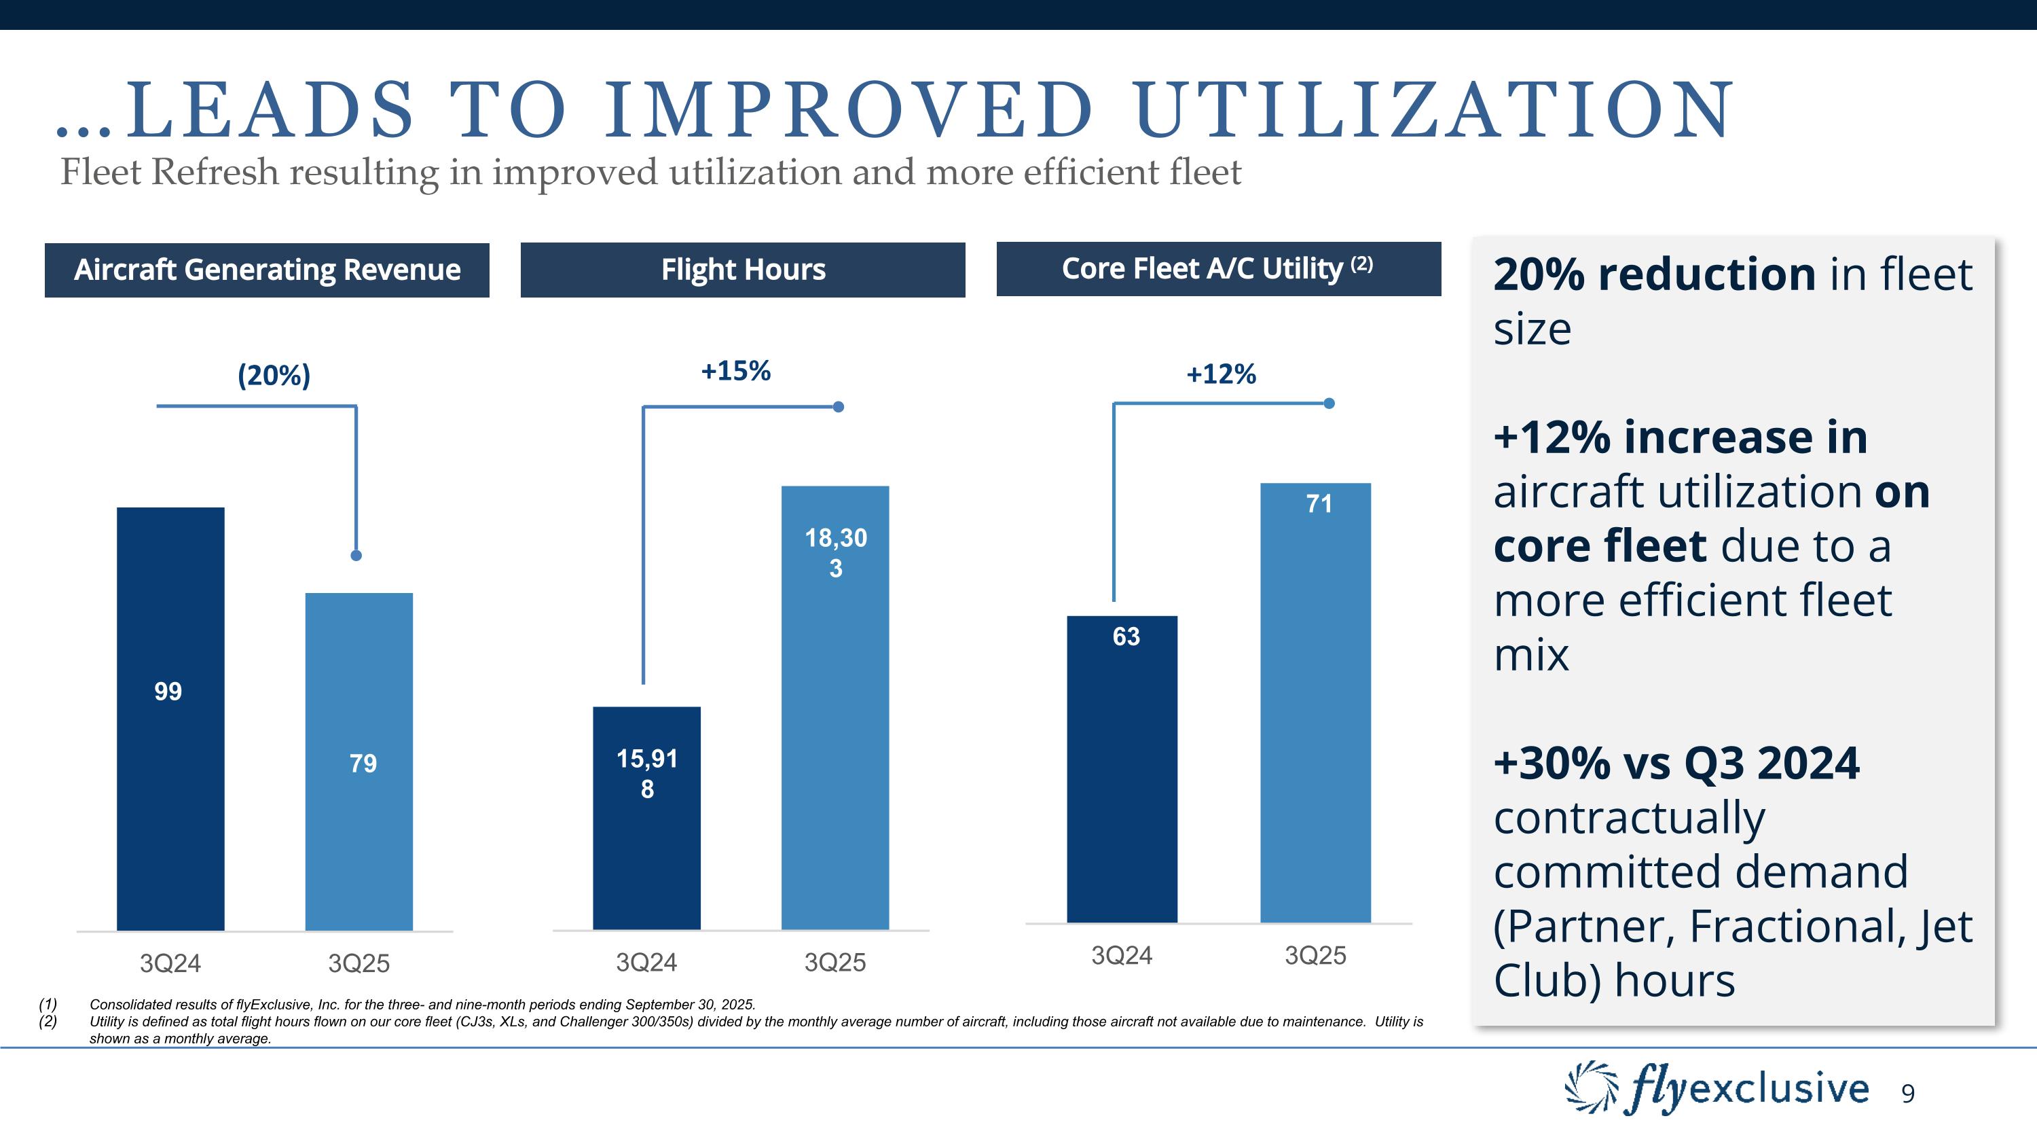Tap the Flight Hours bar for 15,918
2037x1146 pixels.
[646, 818]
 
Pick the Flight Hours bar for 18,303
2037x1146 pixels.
[835, 707]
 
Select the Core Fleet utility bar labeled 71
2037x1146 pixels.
[1315, 702]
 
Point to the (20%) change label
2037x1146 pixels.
[274, 375]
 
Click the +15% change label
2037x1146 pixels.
[735, 371]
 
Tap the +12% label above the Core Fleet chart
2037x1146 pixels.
[1221, 374]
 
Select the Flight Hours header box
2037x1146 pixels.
[743, 270]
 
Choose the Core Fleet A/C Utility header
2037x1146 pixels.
[1217, 269]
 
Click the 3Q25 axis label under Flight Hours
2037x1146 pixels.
[835, 963]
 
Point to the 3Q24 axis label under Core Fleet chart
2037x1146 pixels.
[1121, 955]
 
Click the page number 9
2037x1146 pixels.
[1907, 1094]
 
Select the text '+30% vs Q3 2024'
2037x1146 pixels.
[1676, 764]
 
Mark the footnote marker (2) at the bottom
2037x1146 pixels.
[48, 1021]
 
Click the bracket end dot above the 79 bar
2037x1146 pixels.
[356, 555]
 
